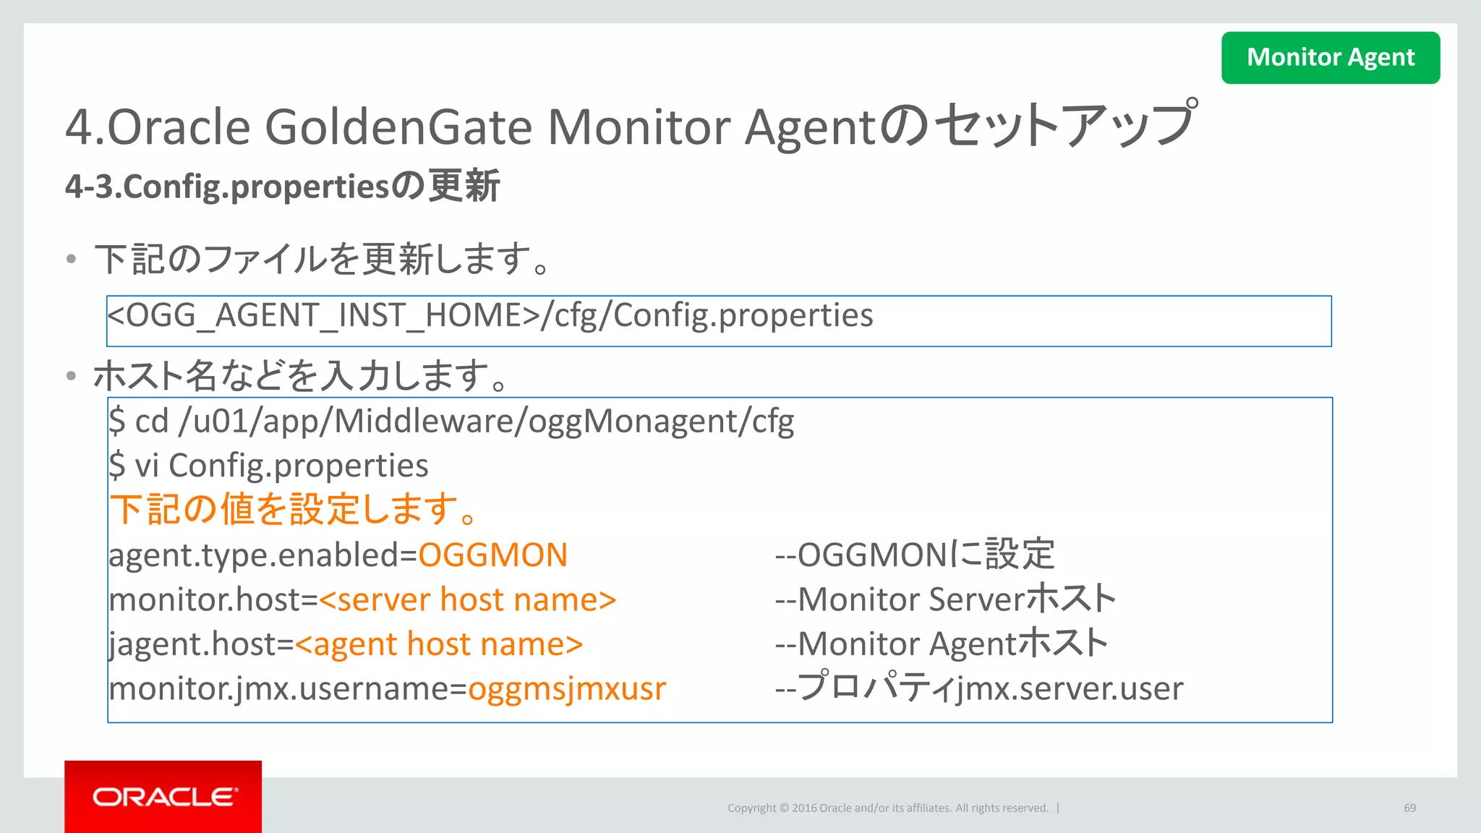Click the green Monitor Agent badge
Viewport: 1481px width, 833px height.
click(x=1330, y=57)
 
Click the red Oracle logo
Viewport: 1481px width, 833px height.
click(x=163, y=796)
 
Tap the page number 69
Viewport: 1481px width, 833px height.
click(x=1409, y=808)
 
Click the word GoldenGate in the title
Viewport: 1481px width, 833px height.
click(x=399, y=127)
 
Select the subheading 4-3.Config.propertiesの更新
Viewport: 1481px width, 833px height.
click(x=282, y=186)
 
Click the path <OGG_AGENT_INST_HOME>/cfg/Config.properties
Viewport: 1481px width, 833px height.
click(x=490, y=316)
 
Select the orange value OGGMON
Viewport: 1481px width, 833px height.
click(x=492, y=555)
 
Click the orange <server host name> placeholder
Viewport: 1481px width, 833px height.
click(x=467, y=600)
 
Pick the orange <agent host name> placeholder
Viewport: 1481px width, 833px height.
click(x=439, y=644)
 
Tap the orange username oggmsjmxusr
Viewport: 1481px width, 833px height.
click(x=567, y=688)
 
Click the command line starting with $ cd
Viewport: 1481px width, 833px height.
click(x=451, y=422)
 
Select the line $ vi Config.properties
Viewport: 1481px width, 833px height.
click(x=268, y=466)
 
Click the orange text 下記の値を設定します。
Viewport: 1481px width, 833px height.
click(x=294, y=509)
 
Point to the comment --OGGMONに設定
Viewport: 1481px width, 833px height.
click(x=914, y=555)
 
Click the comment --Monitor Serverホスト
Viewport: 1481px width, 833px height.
click(x=945, y=599)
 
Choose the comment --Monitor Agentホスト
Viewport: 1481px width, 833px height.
click(x=941, y=644)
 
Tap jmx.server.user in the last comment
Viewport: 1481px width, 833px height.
click(x=1070, y=688)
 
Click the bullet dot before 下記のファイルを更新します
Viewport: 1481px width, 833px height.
click(x=71, y=259)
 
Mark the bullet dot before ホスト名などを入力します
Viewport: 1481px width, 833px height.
click(x=71, y=376)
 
